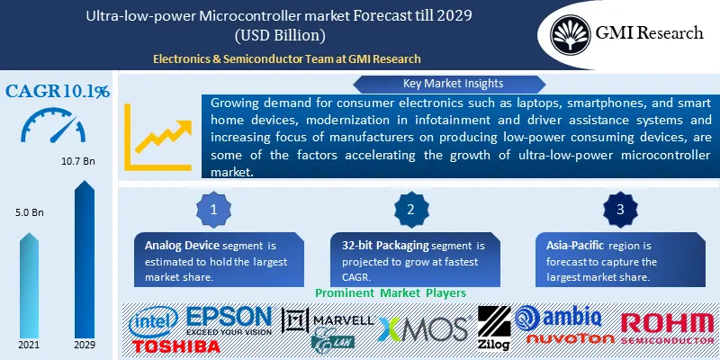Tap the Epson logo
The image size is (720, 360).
click(x=229, y=319)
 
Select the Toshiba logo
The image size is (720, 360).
click(x=172, y=345)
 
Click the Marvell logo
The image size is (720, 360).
click(x=328, y=319)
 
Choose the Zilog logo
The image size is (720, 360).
click(x=493, y=329)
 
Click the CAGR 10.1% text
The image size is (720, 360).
click(x=58, y=91)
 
